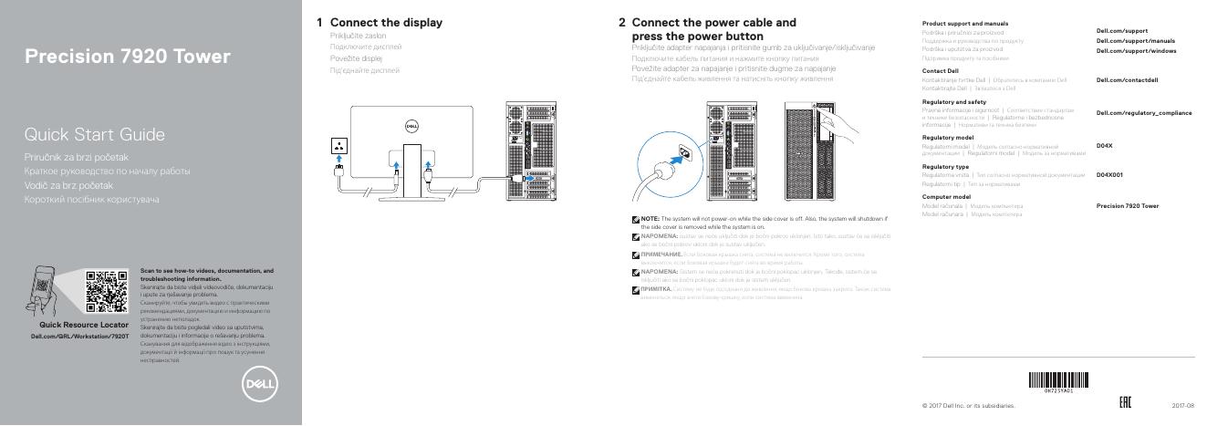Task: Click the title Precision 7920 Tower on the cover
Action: pos(127,57)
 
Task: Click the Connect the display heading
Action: pos(386,23)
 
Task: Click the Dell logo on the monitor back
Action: pos(411,128)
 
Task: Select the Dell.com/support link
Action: pos(1121,31)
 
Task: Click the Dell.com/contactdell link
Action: pos(1127,80)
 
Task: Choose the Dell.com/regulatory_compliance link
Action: pos(1143,113)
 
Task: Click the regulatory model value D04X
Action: pos(1104,146)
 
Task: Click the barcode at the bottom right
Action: pos(1057,380)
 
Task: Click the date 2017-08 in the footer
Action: pos(1182,405)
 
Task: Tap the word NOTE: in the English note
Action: pos(650,219)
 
